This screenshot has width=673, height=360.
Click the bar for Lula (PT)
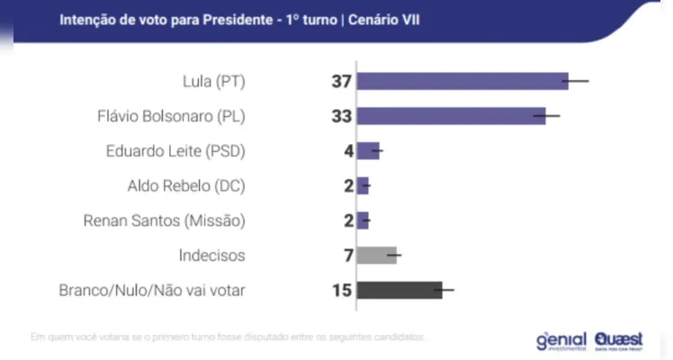point(462,82)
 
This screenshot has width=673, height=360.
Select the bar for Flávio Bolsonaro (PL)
point(451,116)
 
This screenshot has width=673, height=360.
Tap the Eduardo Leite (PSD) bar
point(367,151)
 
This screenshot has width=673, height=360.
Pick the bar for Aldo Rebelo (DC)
point(363,185)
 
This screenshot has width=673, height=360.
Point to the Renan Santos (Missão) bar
point(363,220)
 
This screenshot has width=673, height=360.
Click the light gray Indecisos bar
point(376,256)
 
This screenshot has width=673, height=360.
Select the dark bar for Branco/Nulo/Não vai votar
point(399,290)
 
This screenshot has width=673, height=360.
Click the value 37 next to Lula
point(340,82)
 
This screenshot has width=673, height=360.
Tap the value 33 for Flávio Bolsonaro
point(340,116)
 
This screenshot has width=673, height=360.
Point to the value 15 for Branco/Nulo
point(340,290)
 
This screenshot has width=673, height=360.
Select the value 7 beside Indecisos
point(346,256)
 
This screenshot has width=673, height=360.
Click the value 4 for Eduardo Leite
point(346,151)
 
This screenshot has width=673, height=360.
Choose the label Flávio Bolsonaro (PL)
point(171,116)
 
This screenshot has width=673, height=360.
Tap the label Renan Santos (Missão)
point(164,220)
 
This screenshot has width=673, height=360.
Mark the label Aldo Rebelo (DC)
point(187,185)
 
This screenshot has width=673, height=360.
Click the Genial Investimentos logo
point(561,340)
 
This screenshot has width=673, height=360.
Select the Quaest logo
point(619,339)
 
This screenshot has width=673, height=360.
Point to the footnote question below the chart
point(227,337)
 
